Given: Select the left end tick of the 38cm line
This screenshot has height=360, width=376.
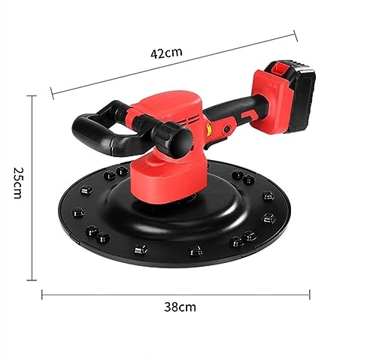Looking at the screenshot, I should pos(42,293).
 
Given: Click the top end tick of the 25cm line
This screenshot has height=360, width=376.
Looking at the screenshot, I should pos(32,95).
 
